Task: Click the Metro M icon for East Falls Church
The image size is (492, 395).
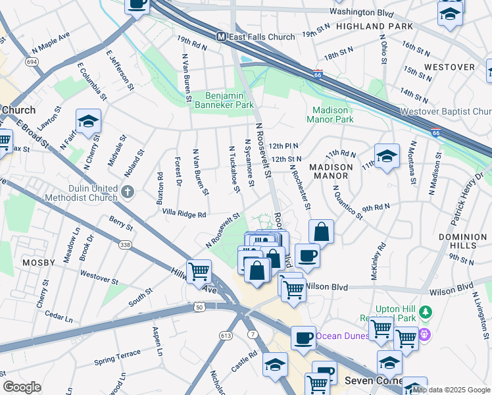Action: (222, 37)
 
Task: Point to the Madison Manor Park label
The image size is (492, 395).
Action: (333, 115)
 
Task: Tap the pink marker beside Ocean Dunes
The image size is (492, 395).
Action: (424, 335)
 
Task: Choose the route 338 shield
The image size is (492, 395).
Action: (124, 244)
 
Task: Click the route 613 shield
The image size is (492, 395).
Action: (226, 336)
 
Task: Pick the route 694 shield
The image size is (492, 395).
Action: (32, 61)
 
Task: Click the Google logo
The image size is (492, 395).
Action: (22, 387)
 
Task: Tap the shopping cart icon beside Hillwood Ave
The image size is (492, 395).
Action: (199, 271)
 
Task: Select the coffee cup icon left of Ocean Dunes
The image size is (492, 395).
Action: (303, 337)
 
